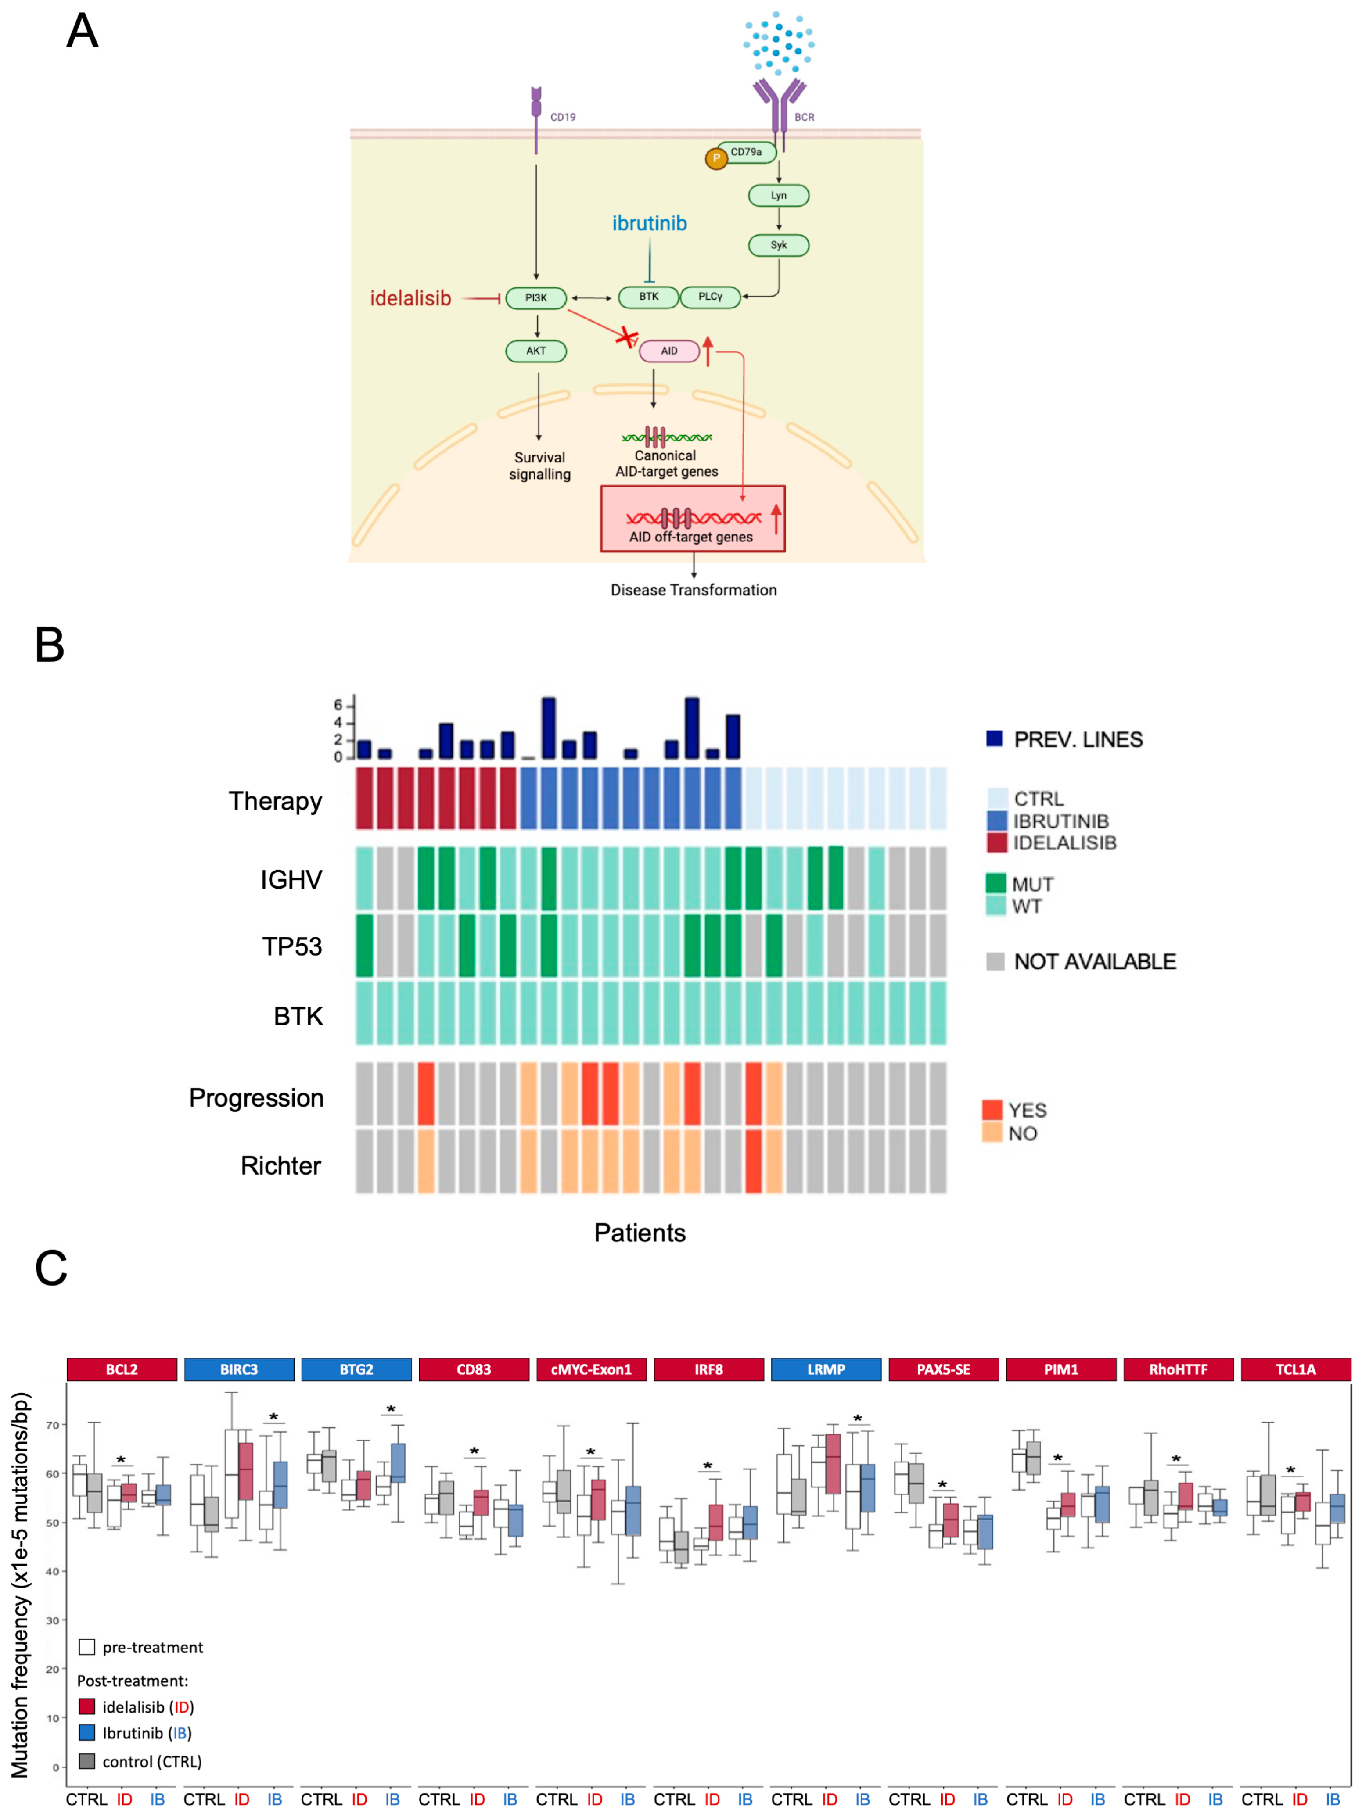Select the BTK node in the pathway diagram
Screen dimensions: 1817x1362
[648, 297]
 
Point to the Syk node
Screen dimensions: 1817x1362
[778, 245]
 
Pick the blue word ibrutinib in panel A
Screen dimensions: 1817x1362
[649, 223]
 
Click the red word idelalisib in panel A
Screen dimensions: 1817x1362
[410, 298]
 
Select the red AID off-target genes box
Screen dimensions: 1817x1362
[693, 519]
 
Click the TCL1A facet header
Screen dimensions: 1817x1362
[1295, 1369]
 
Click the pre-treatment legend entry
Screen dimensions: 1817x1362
[152, 1647]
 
